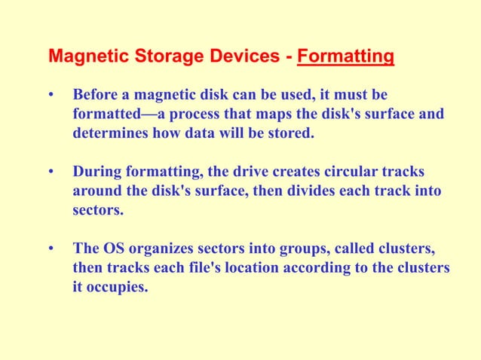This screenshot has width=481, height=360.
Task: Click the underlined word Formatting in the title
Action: (x=345, y=56)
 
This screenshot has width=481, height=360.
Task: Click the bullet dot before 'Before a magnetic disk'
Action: (x=51, y=96)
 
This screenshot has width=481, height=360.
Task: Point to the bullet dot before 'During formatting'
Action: (x=51, y=172)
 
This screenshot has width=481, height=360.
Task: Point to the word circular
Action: (x=343, y=172)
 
